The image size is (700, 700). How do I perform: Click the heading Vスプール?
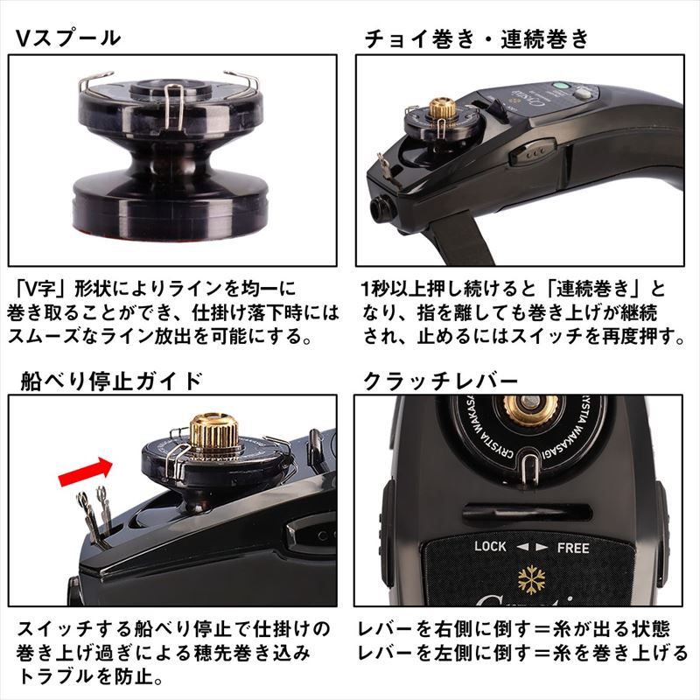coord(68,38)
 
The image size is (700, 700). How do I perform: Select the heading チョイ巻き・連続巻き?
coord(476,38)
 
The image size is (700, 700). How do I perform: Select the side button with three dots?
coord(533,150)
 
